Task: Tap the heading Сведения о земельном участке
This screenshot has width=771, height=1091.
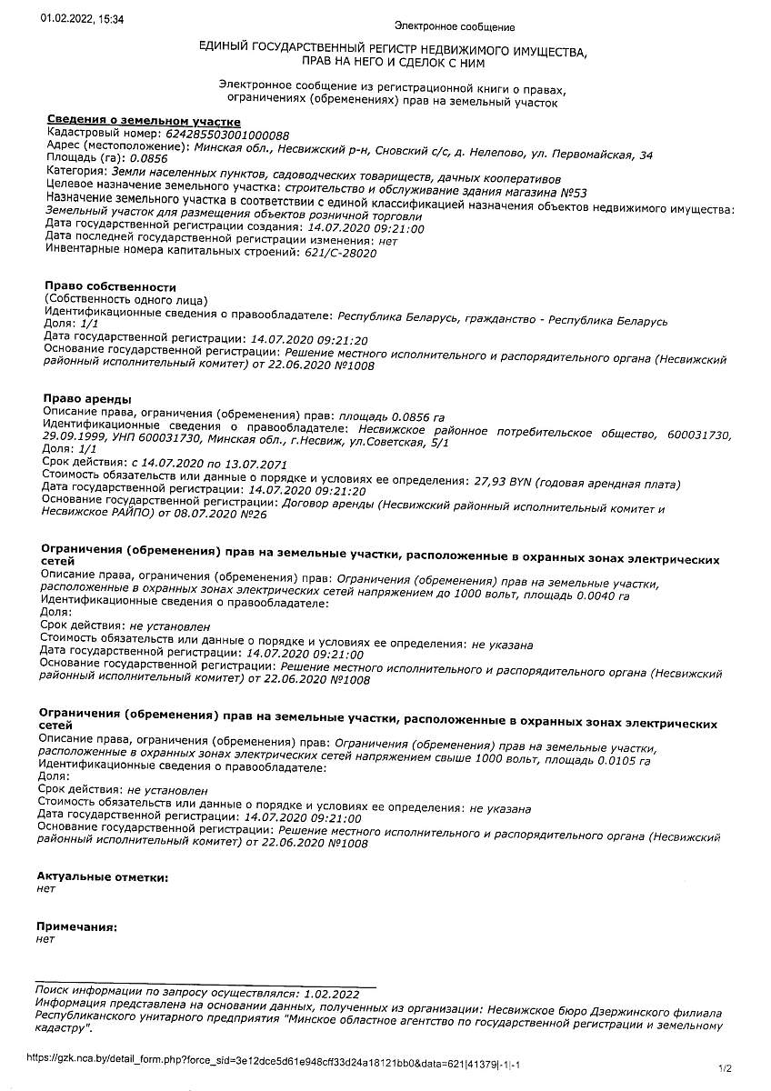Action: click(x=143, y=122)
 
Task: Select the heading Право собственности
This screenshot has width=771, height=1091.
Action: click(x=110, y=287)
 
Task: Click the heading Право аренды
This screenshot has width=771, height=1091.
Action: click(x=87, y=399)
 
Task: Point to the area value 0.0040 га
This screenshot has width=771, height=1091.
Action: click(x=597, y=596)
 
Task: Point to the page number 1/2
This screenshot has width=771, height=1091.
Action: click(x=725, y=1068)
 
